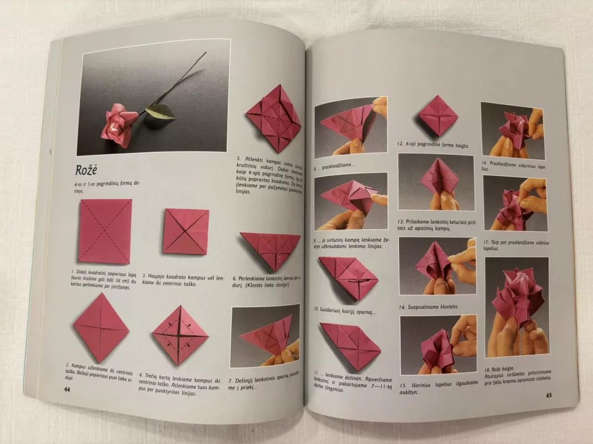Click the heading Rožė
click(x=92, y=169)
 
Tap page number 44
click(x=67, y=389)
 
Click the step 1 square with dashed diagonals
click(x=105, y=231)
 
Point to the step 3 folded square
click(x=186, y=231)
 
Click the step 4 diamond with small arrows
click(x=180, y=335)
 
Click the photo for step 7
click(x=265, y=335)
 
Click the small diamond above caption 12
click(x=437, y=115)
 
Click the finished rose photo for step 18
click(x=516, y=307)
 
